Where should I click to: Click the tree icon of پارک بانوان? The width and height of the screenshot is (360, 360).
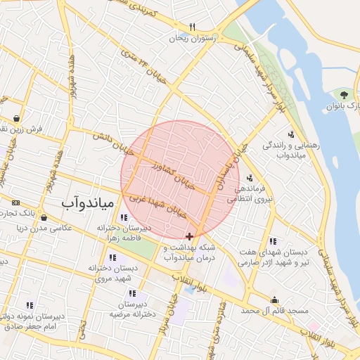(x=344, y=95)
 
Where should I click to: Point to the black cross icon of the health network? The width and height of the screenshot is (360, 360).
(x=189, y=237)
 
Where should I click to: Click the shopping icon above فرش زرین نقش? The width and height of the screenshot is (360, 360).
(x=15, y=118)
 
